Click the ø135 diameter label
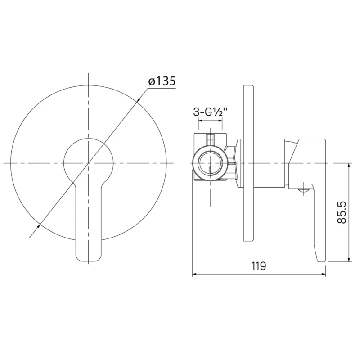click(x=162, y=81)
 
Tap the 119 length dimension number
click(x=259, y=266)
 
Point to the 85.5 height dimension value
click(x=342, y=212)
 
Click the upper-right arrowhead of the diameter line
click(x=138, y=100)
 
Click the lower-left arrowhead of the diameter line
click(x=38, y=227)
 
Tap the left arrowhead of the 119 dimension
click(x=195, y=274)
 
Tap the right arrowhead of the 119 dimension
click(x=323, y=274)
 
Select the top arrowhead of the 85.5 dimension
click(x=349, y=166)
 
